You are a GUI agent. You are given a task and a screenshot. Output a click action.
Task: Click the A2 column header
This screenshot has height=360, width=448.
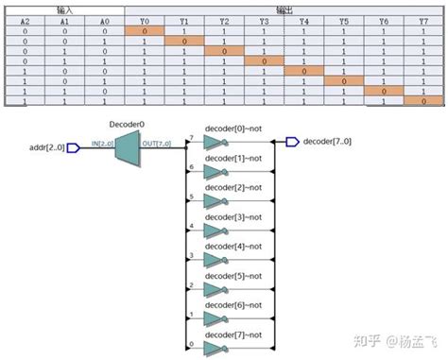click(26, 20)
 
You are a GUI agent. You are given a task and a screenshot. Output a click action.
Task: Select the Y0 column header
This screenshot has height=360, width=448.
click(145, 20)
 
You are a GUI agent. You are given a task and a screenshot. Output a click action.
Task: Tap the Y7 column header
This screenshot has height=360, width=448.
click(423, 20)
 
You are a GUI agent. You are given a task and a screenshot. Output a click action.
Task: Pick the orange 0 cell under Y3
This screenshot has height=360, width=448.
click(264, 60)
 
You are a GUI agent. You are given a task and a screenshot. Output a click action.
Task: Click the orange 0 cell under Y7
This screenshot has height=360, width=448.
click(423, 101)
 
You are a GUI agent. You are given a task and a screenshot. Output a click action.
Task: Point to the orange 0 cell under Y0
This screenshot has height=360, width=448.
click(145, 30)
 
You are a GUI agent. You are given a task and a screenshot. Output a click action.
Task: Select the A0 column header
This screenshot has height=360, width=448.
click(105, 20)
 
